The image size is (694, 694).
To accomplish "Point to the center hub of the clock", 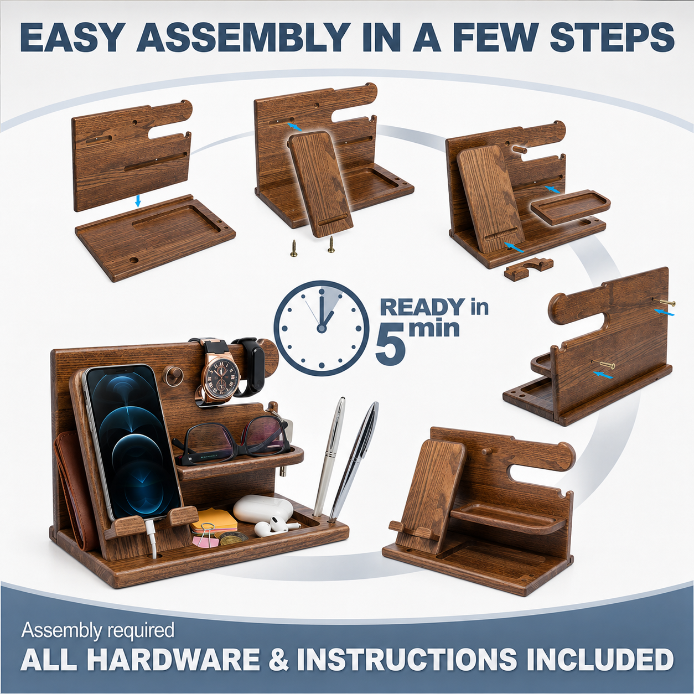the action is [322, 327].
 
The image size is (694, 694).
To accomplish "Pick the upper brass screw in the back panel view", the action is [663, 304].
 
